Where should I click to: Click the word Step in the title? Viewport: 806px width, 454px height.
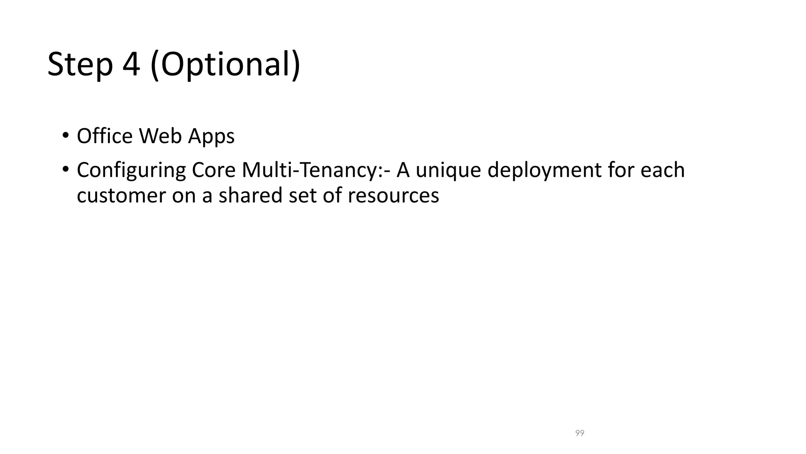80,65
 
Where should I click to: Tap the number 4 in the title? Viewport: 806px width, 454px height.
131,64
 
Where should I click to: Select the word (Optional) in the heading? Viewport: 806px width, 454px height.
225,65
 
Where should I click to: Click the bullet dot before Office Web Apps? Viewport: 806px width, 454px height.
65,135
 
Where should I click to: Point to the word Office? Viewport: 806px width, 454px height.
105,136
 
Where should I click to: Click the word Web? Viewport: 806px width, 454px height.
160,136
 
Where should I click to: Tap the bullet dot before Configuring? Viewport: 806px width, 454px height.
65,169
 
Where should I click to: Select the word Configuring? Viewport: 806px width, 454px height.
131,171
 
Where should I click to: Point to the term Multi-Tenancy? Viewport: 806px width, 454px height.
311,170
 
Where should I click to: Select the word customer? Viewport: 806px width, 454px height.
121,195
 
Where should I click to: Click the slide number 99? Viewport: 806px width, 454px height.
580,433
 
